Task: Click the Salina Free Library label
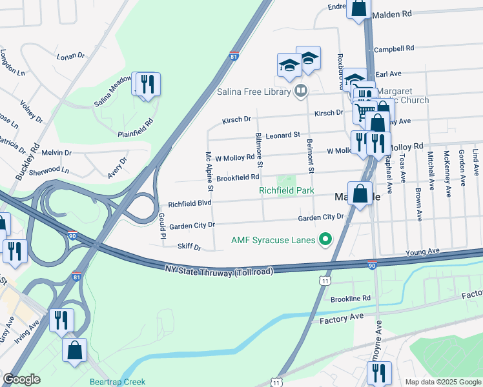(253, 91)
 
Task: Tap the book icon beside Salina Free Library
(300, 91)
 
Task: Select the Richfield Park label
(286, 190)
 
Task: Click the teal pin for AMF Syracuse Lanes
(325, 241)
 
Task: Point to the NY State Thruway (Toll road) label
(220, 268)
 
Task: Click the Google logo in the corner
(21, 379)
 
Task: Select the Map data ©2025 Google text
(443, 382)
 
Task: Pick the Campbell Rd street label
(394, 48)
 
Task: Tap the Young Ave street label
(422, 251)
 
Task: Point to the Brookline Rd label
(349, 298)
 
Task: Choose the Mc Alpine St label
(209, 172)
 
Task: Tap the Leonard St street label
(283, 135)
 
